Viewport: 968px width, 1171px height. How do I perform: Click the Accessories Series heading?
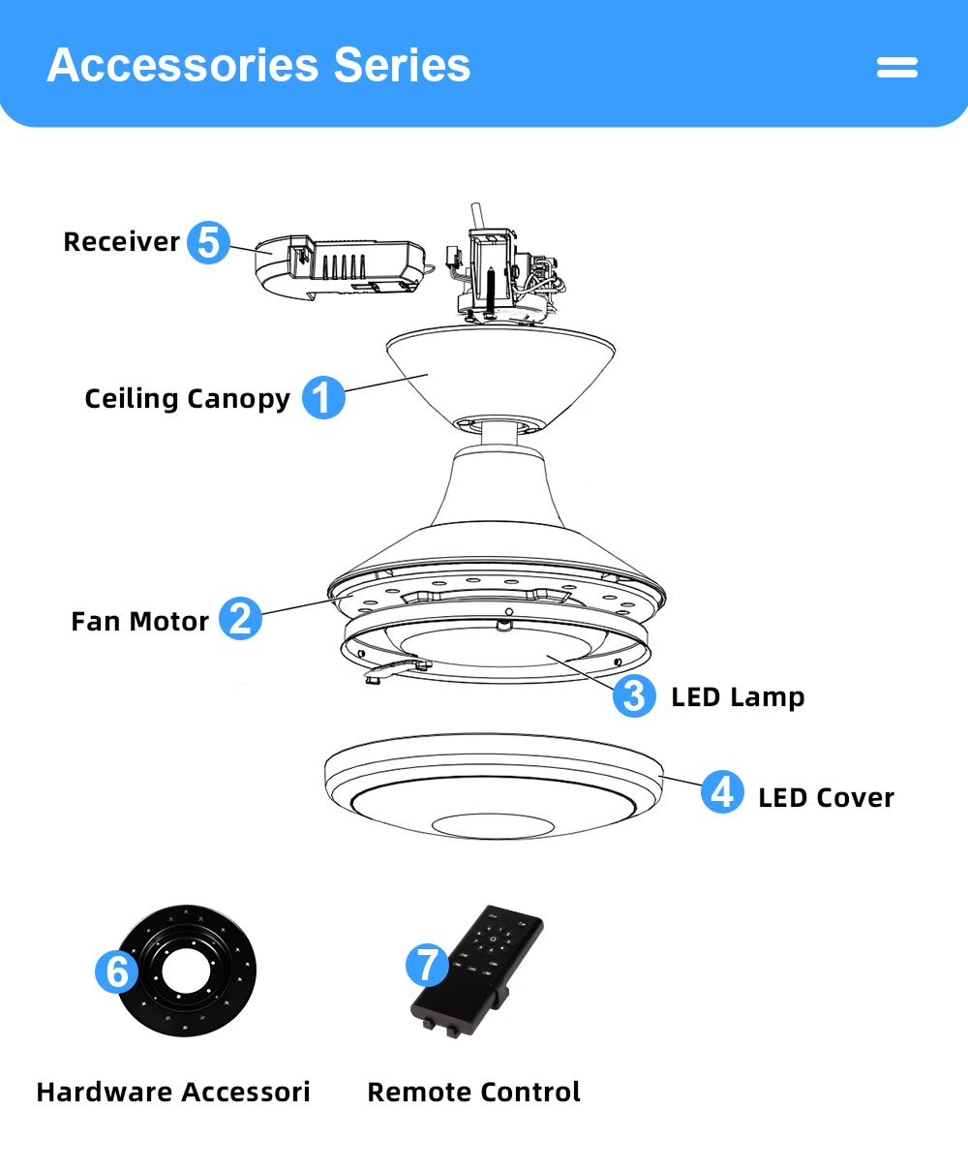click(258, 66)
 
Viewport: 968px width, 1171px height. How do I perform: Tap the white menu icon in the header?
click(896, 67)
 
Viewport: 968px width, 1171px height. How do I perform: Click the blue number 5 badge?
click(208, 242)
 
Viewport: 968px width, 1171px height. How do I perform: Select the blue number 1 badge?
click(323, 398)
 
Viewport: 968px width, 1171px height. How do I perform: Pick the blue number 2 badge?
click(240, 619)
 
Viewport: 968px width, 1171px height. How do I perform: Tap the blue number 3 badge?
click(634, 696)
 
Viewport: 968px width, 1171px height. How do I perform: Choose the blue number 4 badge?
click(722, 792)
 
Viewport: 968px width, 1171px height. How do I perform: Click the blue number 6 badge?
click(117, 971)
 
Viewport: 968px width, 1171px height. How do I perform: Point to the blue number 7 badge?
click(427, 965)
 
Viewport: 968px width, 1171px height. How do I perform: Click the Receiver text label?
click(121, 242)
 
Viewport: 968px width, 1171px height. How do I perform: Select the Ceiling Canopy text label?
click(187, 399)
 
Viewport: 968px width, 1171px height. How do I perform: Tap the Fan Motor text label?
click(139, 621)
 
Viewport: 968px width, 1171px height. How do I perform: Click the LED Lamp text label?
click(738, 697)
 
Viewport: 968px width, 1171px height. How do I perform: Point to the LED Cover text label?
click(826, 798)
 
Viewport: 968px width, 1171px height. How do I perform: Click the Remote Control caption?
click(473, 1093)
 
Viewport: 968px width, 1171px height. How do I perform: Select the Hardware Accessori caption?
click(173, 1093)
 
